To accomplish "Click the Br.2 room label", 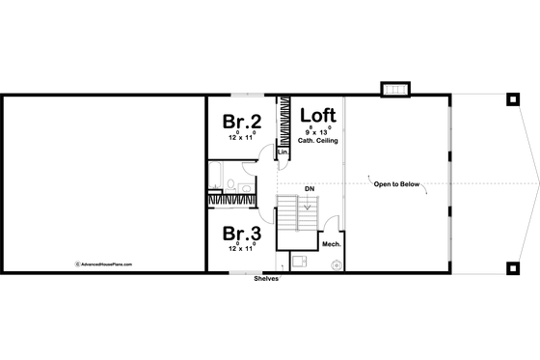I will click(242, 122).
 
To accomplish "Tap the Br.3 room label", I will click(242, 234).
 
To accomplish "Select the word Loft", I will click(316, 114).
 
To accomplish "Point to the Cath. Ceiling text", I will click(316, 142).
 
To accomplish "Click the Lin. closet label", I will click(283, 152).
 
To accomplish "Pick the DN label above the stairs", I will click(310, 189).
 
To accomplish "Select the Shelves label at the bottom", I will click(266, 278).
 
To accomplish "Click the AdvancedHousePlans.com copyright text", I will click(104, 262).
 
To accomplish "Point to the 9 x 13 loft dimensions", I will click(316, 132).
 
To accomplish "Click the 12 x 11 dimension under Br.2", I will click(241, 138).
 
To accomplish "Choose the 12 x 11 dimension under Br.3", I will click(241, 249).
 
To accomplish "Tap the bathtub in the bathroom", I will click(217, 176).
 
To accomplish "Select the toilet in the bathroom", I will click(247, 186).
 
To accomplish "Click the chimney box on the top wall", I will click(396, 90).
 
